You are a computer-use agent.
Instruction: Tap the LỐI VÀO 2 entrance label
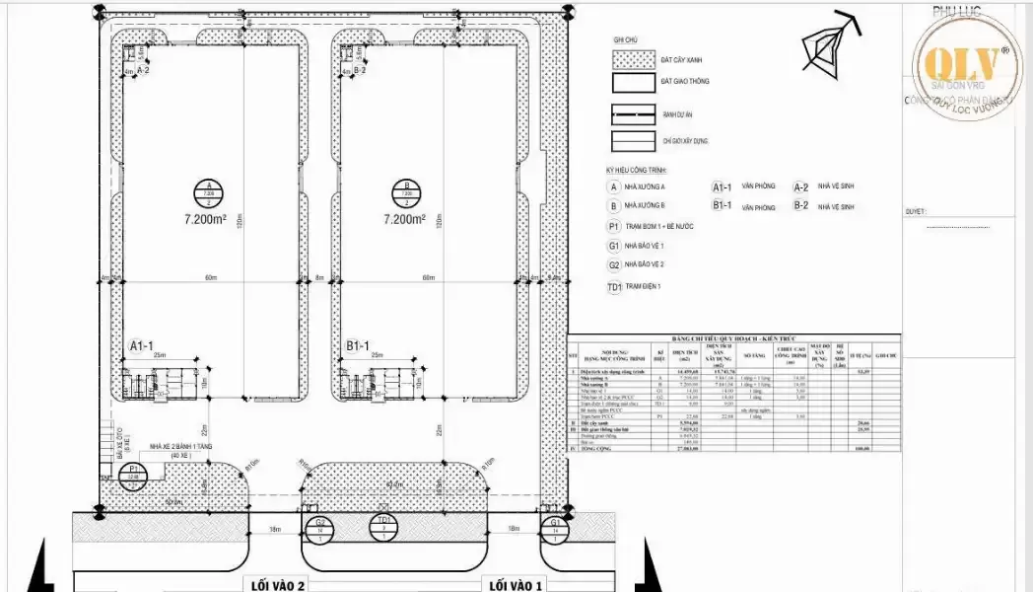[272, 584]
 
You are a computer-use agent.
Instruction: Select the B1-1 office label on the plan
[359, 345]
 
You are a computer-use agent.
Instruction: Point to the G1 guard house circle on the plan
[555, 529]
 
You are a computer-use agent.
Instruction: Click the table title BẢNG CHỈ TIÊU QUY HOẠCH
[733, 337]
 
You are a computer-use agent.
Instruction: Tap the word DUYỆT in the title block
[916, 211]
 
